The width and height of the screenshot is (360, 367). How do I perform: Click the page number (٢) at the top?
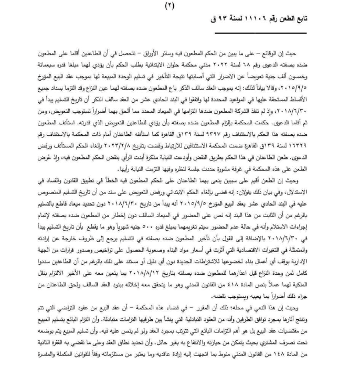click(180, 6)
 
